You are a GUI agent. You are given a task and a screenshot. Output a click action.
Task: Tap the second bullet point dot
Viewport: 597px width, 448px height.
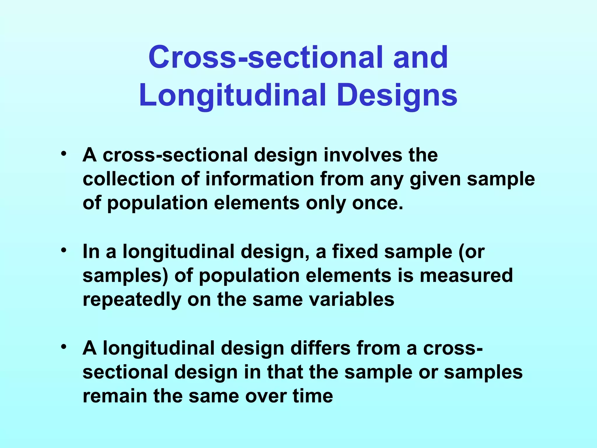(64, 250)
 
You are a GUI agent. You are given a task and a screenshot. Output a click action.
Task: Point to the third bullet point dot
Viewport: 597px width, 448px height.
(64, 347)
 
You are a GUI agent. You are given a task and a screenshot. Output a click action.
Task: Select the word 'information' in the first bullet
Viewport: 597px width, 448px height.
(259, 179)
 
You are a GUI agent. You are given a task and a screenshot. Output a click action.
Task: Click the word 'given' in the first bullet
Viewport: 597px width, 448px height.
(436, 179)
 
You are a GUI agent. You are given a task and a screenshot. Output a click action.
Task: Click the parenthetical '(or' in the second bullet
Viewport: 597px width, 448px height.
(471, 252)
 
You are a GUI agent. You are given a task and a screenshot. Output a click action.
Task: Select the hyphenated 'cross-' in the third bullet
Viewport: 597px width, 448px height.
(453, 348)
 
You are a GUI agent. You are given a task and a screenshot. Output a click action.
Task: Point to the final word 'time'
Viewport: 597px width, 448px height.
(313, 396)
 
